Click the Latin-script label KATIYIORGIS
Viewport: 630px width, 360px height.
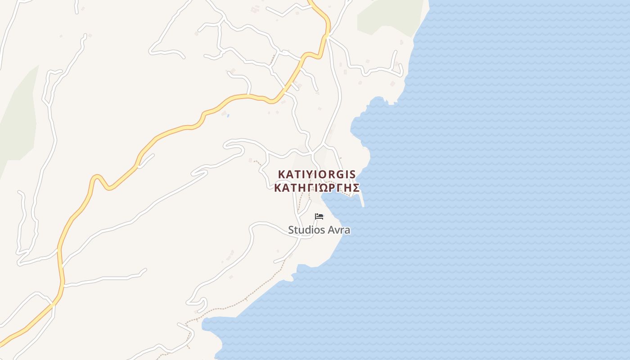(x=317, y=174)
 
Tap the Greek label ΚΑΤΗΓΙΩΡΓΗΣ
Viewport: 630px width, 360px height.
(x=317, y=188)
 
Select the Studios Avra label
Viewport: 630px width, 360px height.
(x=319, y=230)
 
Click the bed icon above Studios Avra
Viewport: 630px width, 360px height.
(x=319, y=216)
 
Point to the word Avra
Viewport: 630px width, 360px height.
(x=340, y=230)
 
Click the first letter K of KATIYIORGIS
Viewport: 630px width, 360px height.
(x=282, y=174)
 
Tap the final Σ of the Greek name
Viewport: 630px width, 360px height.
(x=355, y=188)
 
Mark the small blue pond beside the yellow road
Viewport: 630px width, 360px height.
(x=228, y=116)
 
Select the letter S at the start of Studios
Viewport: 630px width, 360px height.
(x=291, y=230)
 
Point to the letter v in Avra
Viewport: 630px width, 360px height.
(x=339, y=230)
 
